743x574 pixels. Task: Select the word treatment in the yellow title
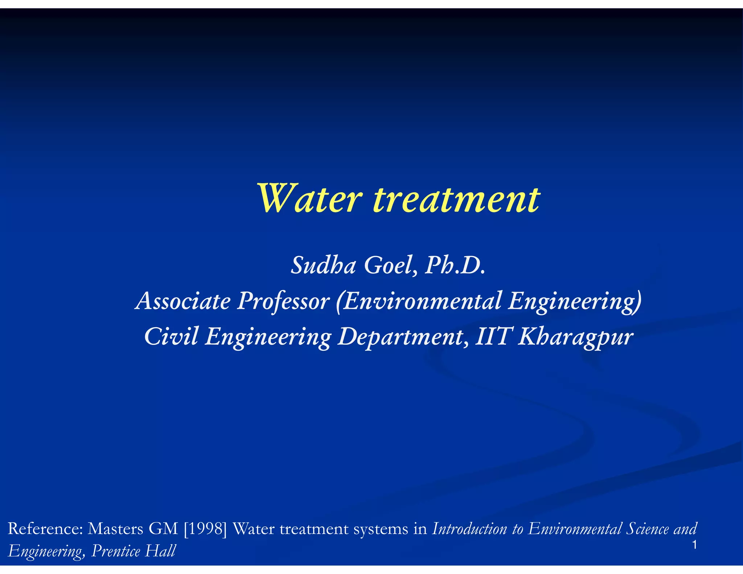click(x=456, y=199)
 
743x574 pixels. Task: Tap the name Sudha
click(x=323, y=265)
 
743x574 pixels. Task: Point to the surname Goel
click(x=390, y=265)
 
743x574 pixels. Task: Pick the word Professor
click(x=283, y=301)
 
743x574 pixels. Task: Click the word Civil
click(x=171, y=336)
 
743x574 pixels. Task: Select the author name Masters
click(x=115, y=529)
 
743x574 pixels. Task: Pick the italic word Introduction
click(x=470, y=529)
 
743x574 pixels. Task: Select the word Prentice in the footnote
click(x=116, y=551)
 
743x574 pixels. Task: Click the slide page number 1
click(x=694, y=545)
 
